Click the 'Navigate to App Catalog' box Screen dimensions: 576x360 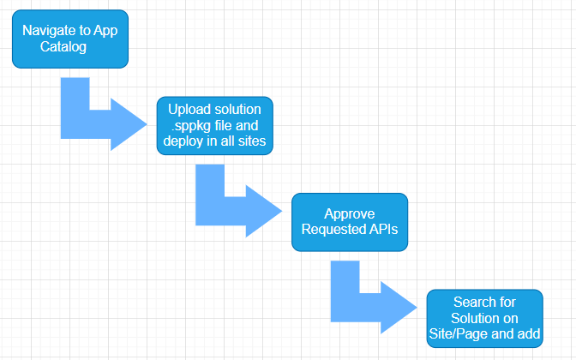(70, 39)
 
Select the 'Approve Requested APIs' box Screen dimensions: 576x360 (350, 222)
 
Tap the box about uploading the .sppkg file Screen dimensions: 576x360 (215, 126)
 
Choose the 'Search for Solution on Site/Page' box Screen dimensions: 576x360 (485, 319)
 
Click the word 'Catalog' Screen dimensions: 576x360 (63, 46)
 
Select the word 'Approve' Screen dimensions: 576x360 (350, 213)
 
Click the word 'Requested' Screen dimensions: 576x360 (333, 229)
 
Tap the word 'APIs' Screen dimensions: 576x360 (383, 229)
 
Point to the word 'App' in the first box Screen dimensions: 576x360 (105, 31)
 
